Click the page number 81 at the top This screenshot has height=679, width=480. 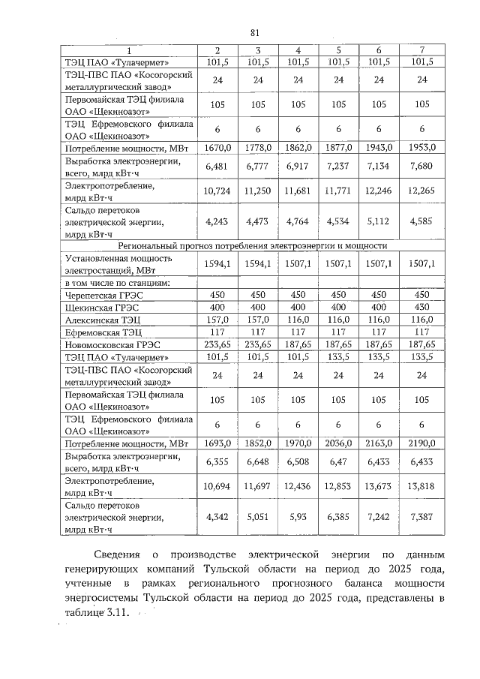click(253, 32)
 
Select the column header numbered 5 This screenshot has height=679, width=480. click(338, 50)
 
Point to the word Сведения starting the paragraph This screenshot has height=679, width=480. click(117, 555)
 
